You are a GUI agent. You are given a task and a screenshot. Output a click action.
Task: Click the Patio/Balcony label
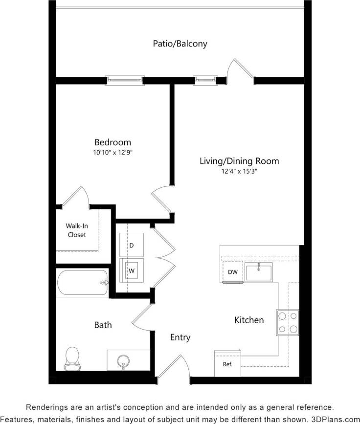tap(180, 44)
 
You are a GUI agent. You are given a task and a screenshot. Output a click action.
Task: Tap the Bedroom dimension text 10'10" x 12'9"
tap(113, 153)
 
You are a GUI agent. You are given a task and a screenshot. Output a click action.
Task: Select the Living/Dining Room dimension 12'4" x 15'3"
tap(239, 171)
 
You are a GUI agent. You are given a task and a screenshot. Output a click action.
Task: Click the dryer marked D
tap(131, 245)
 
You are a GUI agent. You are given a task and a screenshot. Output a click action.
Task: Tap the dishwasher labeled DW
tap(232, 272)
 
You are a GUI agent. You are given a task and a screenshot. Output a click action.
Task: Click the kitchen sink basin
tap(259, 272)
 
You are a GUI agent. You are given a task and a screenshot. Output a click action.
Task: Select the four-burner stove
tap(288, 322)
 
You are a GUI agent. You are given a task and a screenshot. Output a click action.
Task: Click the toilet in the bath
tap(72, 358)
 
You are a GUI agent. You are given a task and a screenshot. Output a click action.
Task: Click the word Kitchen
tap(249, 320)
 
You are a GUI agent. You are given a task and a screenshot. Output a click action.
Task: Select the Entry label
tap(180, 337)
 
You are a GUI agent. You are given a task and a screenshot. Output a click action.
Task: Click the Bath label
tap(103, 325)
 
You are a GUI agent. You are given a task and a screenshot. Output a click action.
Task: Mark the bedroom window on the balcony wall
tap(125, 80)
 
